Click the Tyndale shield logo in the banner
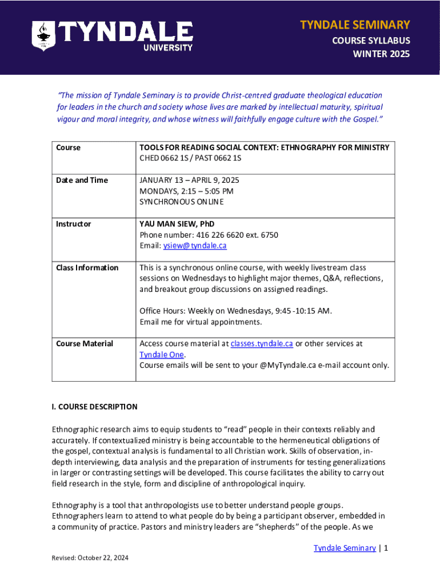tap(43, 35)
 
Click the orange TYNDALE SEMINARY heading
tap(355, 25)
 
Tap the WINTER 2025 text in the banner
tap(381, 55)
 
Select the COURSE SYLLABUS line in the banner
tap(371, 41)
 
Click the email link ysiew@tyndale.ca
tap(195, 246)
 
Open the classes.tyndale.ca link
tap(262, 343)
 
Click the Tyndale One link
tap(162, 354)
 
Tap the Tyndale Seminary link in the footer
tap(345, 548)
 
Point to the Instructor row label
tap(73, 224)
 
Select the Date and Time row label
tap(82, 180)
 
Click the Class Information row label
tap(87, 267)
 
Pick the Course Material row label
tap(85, 343)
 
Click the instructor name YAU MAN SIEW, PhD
tap(177, 224)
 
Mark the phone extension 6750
tap(269, 235)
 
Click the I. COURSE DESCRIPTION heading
tap(94, 407)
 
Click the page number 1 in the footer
tap(386, 548)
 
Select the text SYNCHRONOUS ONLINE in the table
tap(182, 202)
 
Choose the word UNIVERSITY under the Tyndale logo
tap(167, 48)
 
